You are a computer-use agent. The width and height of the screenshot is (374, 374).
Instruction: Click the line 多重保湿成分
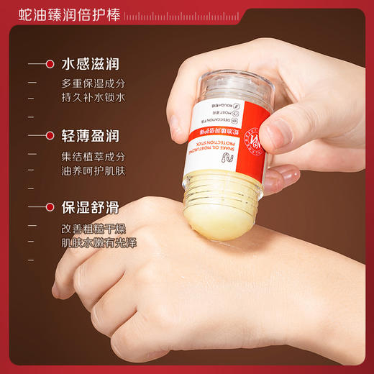(x=93, y=83)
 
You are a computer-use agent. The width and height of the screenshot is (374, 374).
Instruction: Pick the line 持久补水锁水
(x=93, y=98)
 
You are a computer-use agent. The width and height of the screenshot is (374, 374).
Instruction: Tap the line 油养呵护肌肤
(x=93, y=170)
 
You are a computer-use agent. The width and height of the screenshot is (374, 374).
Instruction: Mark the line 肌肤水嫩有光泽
(x=99, y=242)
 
